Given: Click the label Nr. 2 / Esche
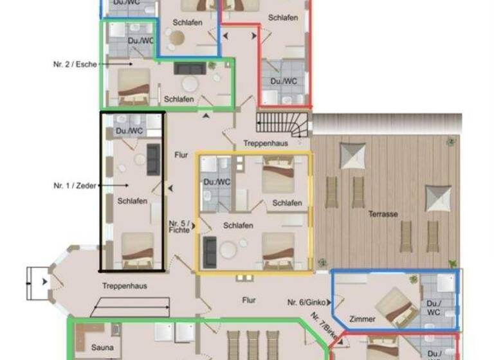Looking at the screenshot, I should coord(75,64).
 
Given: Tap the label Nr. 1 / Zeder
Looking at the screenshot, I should coord(74,185).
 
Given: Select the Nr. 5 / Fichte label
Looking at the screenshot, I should coord(179,226).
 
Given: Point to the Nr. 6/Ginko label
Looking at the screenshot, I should coord(305,302).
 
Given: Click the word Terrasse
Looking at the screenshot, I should coord(383,214).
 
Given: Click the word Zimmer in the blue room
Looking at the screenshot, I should coord(361,319).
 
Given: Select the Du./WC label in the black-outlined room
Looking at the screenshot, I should coord(131,131).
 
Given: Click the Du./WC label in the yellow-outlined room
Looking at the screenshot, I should coord(217,182).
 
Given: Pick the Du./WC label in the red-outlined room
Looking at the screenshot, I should coord(284,82).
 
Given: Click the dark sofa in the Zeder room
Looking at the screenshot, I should coord(154,159).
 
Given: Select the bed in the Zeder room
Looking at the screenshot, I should coord(138,249).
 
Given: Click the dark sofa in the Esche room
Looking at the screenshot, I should coord(188,68).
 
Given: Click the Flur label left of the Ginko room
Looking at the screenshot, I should coord(249,300).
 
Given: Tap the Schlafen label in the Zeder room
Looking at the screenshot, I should coord(133,201).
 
